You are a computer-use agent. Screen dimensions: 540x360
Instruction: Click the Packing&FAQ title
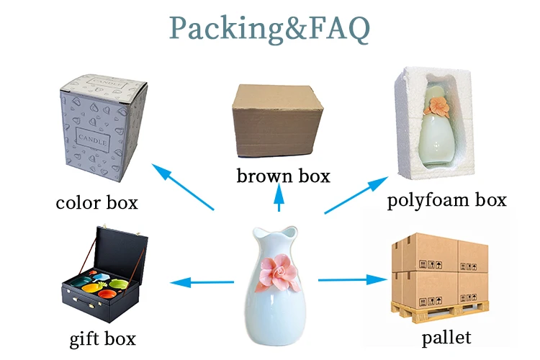click(x=270, y=28)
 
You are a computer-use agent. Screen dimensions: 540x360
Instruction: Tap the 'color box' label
click(x=96, y=202)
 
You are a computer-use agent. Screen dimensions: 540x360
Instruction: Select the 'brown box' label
click(x=283, y=175)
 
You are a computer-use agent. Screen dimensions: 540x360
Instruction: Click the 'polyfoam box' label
click(x=446, y=199)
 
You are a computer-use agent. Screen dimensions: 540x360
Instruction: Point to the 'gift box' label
click(x=102, y=338)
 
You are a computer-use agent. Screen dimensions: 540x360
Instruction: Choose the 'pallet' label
click(x=446, y=336)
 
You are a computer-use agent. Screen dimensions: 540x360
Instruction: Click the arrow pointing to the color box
click(x=184, y=187)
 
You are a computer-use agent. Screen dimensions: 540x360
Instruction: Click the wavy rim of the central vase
click(x=270, y=233)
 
